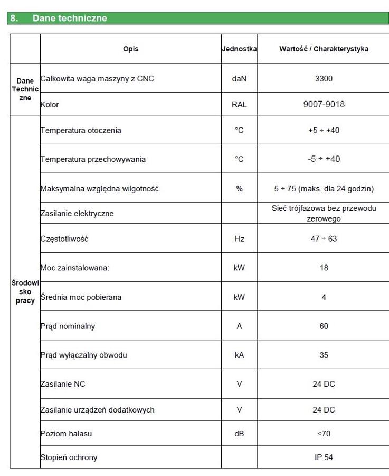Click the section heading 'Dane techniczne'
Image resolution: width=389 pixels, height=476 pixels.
pos(69,18)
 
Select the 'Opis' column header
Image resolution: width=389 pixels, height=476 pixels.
pos(131,49)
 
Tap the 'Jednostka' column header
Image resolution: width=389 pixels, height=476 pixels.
pos(239,49)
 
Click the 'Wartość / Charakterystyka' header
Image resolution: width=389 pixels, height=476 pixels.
pos(324,49)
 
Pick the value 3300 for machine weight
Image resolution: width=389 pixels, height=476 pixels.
pos(324,78)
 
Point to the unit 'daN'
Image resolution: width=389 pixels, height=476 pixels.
pos(239,78)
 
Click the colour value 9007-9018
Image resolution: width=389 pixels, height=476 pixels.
pos(324,104)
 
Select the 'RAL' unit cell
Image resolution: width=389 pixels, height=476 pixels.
pos(239,104)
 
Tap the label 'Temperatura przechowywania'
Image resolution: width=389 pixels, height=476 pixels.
pos(93,159)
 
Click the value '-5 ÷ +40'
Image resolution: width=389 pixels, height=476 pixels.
pos(324,159)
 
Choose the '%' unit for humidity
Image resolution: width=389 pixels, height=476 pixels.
pos(239,189)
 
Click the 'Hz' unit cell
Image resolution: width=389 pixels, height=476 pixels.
pos(239,239)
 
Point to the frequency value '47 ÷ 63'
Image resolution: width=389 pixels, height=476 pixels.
pos(324,239)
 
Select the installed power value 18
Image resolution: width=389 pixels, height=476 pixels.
pos(324,268)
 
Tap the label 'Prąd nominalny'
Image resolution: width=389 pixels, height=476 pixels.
pos(68,326)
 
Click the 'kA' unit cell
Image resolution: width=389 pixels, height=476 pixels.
pos(239,355)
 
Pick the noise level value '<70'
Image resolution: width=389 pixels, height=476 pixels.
pos(324,434)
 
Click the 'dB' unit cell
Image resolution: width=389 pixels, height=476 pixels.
pos(239,434)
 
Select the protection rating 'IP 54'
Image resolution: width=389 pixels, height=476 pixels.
pos(324,457)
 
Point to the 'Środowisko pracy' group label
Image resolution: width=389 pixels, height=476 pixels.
pos(25,291)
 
